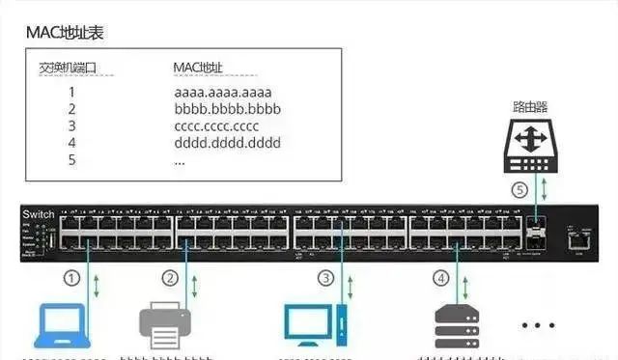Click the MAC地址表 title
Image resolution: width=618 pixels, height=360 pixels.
click(66, 34)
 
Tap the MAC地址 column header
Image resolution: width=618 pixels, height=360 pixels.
click(198, 68)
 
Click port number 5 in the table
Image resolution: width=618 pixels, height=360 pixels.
click(71, 160)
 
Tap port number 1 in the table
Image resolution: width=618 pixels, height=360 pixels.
click(71, 91)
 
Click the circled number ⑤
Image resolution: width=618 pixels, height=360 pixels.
click(519, 189)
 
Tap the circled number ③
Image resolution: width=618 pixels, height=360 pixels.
click(326, 279)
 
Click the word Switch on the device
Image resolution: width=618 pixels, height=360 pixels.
click(39, 212)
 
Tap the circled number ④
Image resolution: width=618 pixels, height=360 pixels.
click(441, 279)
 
